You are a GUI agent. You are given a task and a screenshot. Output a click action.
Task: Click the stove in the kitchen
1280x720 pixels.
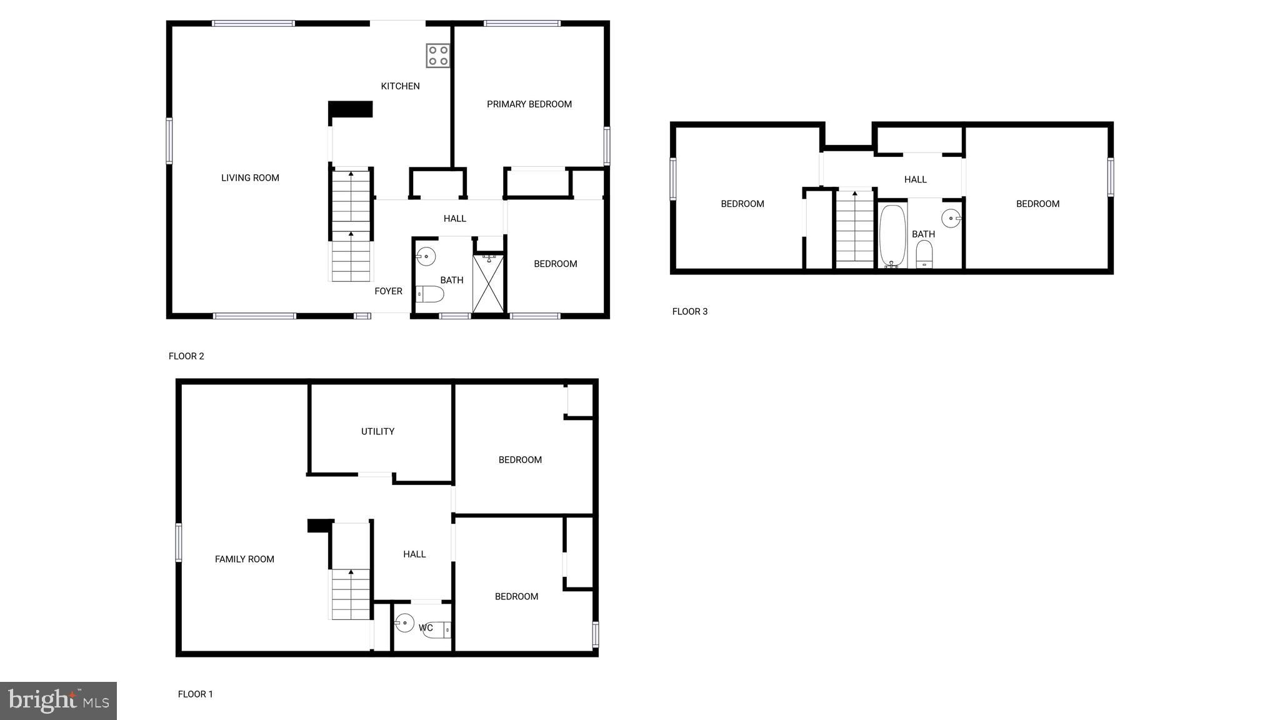(x=438, y=55)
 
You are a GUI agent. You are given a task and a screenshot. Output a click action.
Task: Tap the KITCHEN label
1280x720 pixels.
(x=400, y=86)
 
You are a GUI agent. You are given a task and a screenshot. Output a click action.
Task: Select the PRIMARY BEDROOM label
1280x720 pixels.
(x=529, y=104)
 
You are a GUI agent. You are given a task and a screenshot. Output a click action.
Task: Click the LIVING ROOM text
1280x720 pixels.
(x=250, y=178)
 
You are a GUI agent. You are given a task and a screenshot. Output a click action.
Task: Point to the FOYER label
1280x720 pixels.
(x=388, y=291)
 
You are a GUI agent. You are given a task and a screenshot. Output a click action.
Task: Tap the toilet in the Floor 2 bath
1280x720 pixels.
(x=430, y=294)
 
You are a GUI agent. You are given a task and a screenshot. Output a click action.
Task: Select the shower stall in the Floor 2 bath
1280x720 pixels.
(x=488, y=283)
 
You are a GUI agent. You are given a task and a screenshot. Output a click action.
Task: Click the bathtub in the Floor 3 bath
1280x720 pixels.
(x=892, y=236)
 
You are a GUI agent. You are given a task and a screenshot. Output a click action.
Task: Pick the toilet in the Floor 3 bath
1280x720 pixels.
(x=924, y=254)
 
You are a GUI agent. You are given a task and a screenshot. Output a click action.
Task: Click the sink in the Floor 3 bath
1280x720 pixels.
(x=951, y=218)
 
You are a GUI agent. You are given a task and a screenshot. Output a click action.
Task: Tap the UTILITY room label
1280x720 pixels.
(x=377, y=431)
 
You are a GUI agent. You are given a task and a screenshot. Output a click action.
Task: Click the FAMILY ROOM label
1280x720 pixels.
(x=244, y=559)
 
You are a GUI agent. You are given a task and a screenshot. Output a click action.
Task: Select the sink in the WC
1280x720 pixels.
(x=404, y=622)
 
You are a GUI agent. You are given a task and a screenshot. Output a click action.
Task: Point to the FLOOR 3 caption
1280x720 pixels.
(x=689, y=311)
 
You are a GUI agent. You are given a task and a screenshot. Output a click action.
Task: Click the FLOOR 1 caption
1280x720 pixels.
(x=195, y=694)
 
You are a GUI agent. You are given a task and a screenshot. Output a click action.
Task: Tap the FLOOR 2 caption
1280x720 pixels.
(x=186, y=356)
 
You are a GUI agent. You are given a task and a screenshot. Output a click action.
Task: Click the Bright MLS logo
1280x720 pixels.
(x=58, y=701)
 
